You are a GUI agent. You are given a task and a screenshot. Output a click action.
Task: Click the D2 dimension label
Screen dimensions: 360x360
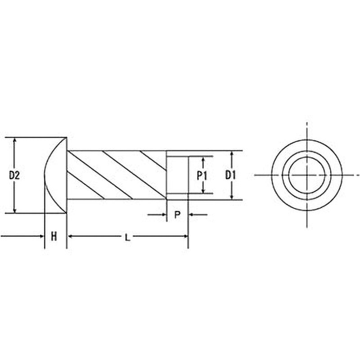pos(14,175)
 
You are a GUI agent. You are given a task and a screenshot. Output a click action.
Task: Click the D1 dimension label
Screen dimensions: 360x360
pos(230,175)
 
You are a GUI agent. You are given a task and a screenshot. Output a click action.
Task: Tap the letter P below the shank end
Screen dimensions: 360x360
pos(177,215)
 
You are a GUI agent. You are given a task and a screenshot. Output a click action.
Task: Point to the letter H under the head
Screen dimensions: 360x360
pos(54,236)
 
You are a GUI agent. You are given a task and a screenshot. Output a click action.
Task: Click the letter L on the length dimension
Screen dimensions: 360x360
pos(128,236)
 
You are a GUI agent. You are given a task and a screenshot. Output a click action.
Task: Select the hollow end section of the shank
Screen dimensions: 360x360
pos(177,175)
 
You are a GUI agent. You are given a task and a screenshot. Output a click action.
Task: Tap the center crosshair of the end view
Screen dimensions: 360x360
pos(306,175)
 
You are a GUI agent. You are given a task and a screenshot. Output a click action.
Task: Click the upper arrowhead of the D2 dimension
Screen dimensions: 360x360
pos(15,141)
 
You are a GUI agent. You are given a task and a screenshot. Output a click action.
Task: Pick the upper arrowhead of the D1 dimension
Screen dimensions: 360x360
pos(232,154)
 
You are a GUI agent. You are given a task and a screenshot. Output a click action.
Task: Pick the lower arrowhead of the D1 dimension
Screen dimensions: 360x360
pos(232,197)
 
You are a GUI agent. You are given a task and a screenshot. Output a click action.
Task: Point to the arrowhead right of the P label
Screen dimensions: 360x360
pos(191,215)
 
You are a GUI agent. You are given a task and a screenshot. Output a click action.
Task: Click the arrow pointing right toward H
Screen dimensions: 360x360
pos(41,236)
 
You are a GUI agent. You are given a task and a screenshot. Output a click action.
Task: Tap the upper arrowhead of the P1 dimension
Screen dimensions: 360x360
pos(203,159)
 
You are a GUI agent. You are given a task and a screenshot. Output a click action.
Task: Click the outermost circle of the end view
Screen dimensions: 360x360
pos(306,140)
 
